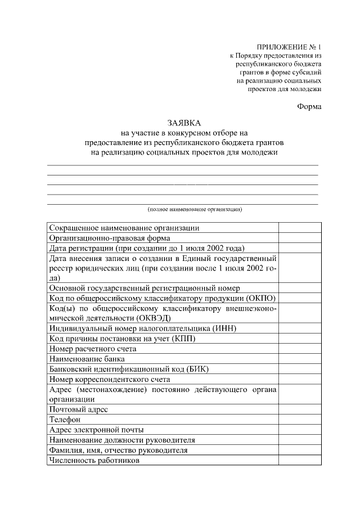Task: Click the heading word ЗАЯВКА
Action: [x=183, y=123]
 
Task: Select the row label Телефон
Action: [x=65, y=420]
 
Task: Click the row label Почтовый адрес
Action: [x=78, y=409]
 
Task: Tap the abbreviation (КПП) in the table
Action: [x=200, y=338]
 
